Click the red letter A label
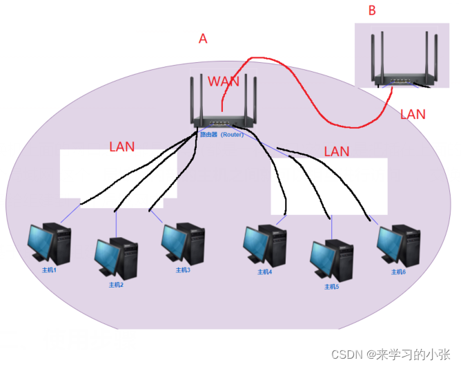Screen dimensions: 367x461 [203, 39]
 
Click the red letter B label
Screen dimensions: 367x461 [373, 11]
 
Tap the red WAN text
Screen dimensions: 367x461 [224, 82]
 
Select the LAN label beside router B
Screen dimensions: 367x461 [413, 114]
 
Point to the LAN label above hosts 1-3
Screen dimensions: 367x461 [122, 147]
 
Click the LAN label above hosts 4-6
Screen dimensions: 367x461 [337, 151]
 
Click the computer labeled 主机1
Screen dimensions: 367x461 [49, 243]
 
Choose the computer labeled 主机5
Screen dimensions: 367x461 [332, 258]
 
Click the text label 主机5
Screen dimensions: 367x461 [332, 285]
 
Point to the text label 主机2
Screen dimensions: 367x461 [115, 284]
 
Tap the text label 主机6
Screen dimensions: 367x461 [398, 272]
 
